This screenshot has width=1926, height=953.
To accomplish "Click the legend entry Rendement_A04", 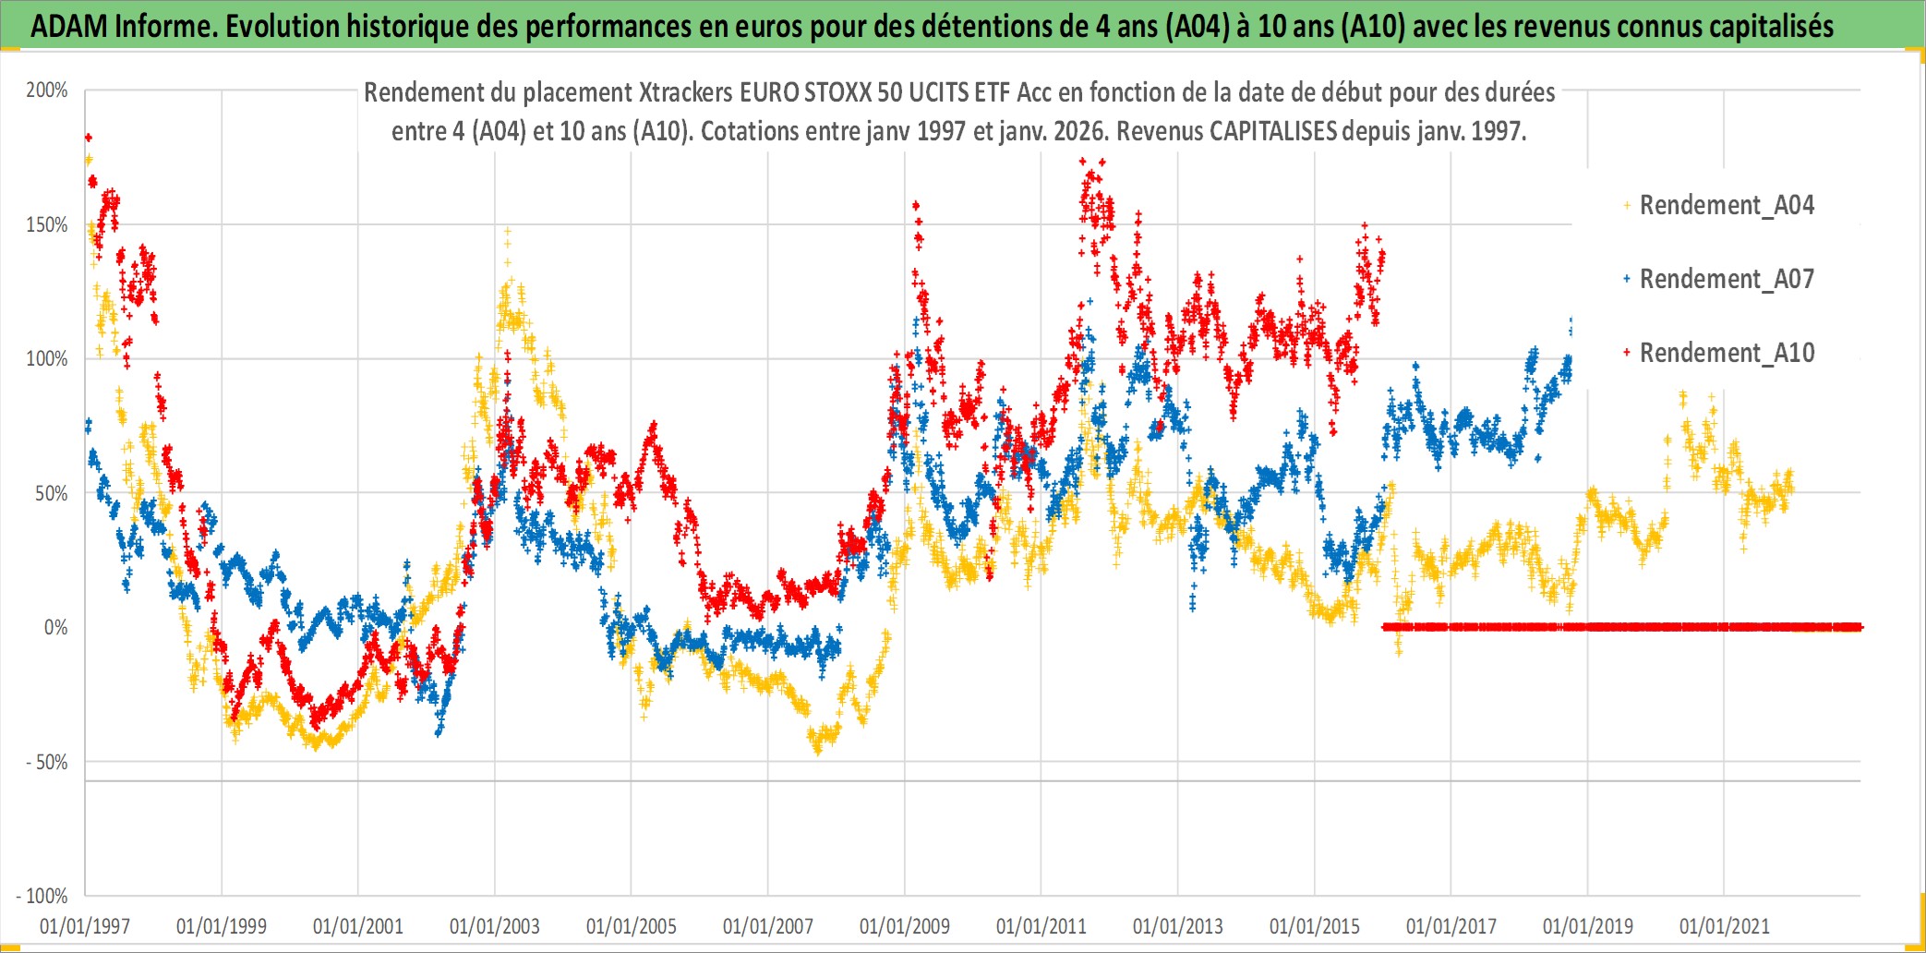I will coord(1726,205).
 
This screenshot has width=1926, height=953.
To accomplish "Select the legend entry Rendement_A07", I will coord(1726,279).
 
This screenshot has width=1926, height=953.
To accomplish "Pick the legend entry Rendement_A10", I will coord(1726,353).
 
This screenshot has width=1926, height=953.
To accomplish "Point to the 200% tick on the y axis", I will coord(47,90).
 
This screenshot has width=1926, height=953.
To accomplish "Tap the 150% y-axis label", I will coord(47,225).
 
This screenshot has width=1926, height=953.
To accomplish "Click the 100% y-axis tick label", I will coord(47,359).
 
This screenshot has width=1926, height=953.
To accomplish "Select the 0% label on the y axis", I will coord(55,628).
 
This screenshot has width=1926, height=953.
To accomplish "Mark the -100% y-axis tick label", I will coord(42,896).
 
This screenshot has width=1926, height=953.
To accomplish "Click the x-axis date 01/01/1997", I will coord(85,926).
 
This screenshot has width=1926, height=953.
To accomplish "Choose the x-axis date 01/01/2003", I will coord(495,926).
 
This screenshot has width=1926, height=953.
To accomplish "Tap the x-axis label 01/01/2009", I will coord(905,926).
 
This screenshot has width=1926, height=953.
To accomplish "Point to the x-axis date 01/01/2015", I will coord(1315,926).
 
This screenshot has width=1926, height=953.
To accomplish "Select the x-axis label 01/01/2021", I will coord(1725,926).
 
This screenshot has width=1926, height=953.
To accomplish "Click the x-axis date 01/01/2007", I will coord(768,926).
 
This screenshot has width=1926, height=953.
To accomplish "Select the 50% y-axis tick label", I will coord(51,494).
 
